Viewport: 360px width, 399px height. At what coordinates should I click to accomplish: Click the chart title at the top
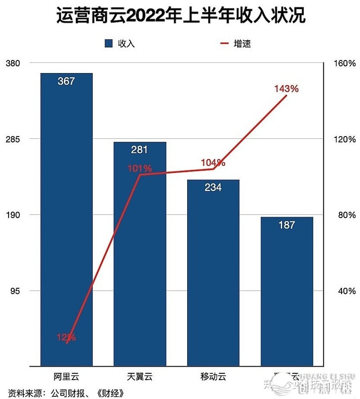181,16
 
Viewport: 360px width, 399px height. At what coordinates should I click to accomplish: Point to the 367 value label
67,81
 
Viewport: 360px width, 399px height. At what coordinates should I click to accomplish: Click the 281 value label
140,150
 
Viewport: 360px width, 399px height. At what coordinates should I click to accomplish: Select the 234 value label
213,187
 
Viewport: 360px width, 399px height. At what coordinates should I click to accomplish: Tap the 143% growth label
286,89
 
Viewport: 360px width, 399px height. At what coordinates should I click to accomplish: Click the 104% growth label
213,163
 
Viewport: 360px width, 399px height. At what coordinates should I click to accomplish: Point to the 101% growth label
139,168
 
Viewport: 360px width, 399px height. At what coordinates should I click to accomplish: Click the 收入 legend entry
121,44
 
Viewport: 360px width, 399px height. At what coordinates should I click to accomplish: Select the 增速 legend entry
236,44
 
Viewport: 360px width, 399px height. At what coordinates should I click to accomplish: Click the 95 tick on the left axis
15,291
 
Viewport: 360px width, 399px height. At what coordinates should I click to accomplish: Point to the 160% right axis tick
346,64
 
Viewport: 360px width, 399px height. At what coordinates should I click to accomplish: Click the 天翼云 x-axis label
140,376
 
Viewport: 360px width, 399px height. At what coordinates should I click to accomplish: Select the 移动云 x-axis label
213,376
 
